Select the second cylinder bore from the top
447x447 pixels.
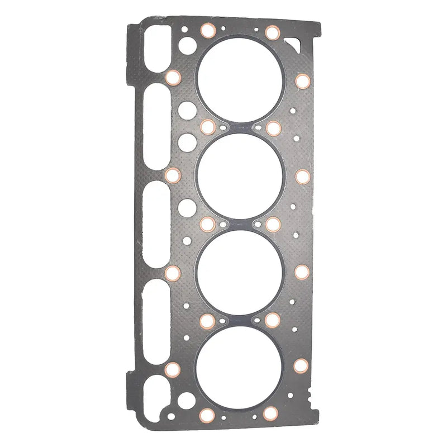pyautogui.click(x=240, y=176)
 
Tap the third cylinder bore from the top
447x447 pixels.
pyautogui.click(x=240, y=272)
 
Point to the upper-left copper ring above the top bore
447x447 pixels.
pyautogui.click(x=207, y=31)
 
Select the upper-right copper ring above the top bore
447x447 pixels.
pyautogui.click(x=272, y=32)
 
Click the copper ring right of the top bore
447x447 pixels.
pyautogui.click(x=302, y=81)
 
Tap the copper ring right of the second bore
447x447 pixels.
pyautogui.click(x=302, y=177)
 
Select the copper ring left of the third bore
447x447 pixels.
pyautogui.click(x=173, y=273)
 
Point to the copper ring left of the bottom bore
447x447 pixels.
pyautogui.click(x=173, y=369)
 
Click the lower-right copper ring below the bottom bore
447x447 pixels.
pyautogui.click(x=271, y=413)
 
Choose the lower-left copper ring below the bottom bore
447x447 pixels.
pyautogui.click(x=207, y=414)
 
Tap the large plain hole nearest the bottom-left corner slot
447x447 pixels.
pyautogui.click(x=187, y=399)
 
